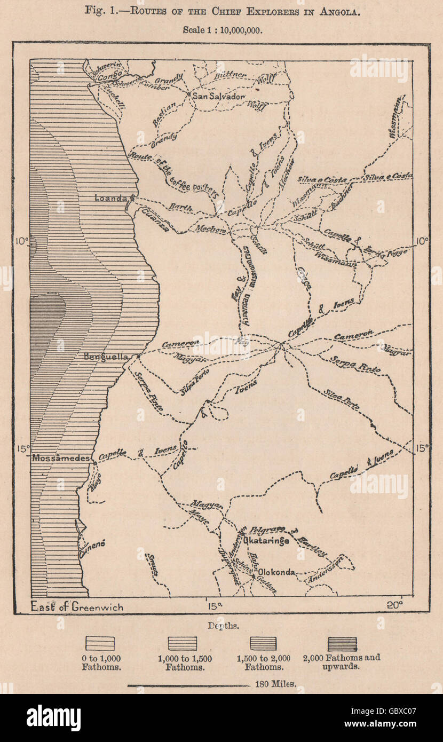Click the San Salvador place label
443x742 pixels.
219,97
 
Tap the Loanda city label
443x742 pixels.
110,198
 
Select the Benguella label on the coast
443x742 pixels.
109,356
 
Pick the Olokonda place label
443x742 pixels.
277,572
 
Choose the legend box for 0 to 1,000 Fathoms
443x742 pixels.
100,644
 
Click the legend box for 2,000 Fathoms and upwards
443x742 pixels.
342,644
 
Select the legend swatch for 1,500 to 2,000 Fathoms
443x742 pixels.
262,644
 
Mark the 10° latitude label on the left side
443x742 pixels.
21,241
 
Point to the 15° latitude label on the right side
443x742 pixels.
422,448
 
